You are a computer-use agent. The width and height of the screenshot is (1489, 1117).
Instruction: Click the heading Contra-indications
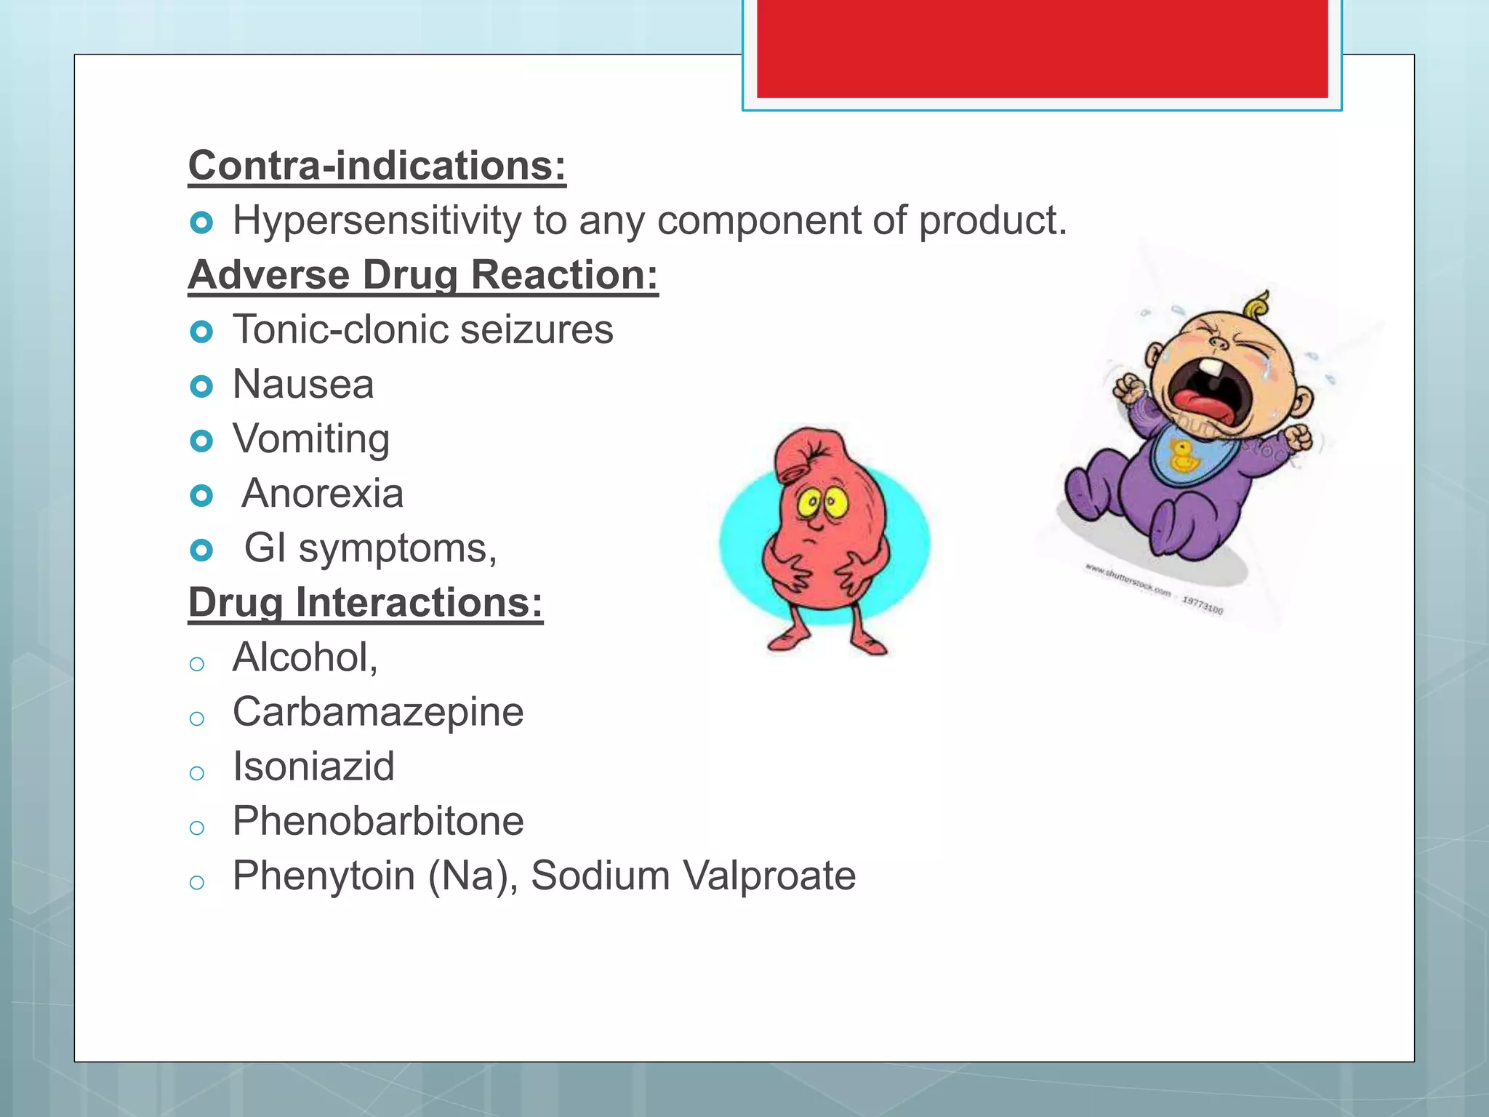pyautogui.click(x=377, y=166)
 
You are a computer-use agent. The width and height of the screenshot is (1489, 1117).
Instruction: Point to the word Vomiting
pyautogui.click(x=311, y=439)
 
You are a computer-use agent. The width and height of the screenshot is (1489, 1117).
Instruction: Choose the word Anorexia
pyautogui.click(x=322, y=494)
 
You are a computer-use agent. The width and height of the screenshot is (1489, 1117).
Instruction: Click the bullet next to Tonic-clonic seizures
pyautogui.click(x=201, y=332)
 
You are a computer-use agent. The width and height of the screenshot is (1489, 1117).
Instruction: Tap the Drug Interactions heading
pyautogui.click(x=366, y=603)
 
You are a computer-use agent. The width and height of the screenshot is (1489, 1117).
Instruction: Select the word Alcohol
pyautogui.click(x=305, y=657)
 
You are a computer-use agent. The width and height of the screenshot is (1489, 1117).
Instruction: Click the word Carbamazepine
pyautogui.click(x=378, y=712)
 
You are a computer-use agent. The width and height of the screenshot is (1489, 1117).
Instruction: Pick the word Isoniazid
pyautogui.click(x=313, y=766)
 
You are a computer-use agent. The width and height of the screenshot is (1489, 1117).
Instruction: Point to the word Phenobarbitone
pyautogui.click(x=378, y=821)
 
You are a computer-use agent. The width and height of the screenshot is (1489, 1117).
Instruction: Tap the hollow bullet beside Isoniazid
pyautogui.click(x=196, y=773)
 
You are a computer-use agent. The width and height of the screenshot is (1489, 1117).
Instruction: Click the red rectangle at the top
pyautogui.click(x=1042, y=48)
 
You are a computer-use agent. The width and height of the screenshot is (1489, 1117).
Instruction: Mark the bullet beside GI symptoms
pyautogui.click(x=201, y=550)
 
